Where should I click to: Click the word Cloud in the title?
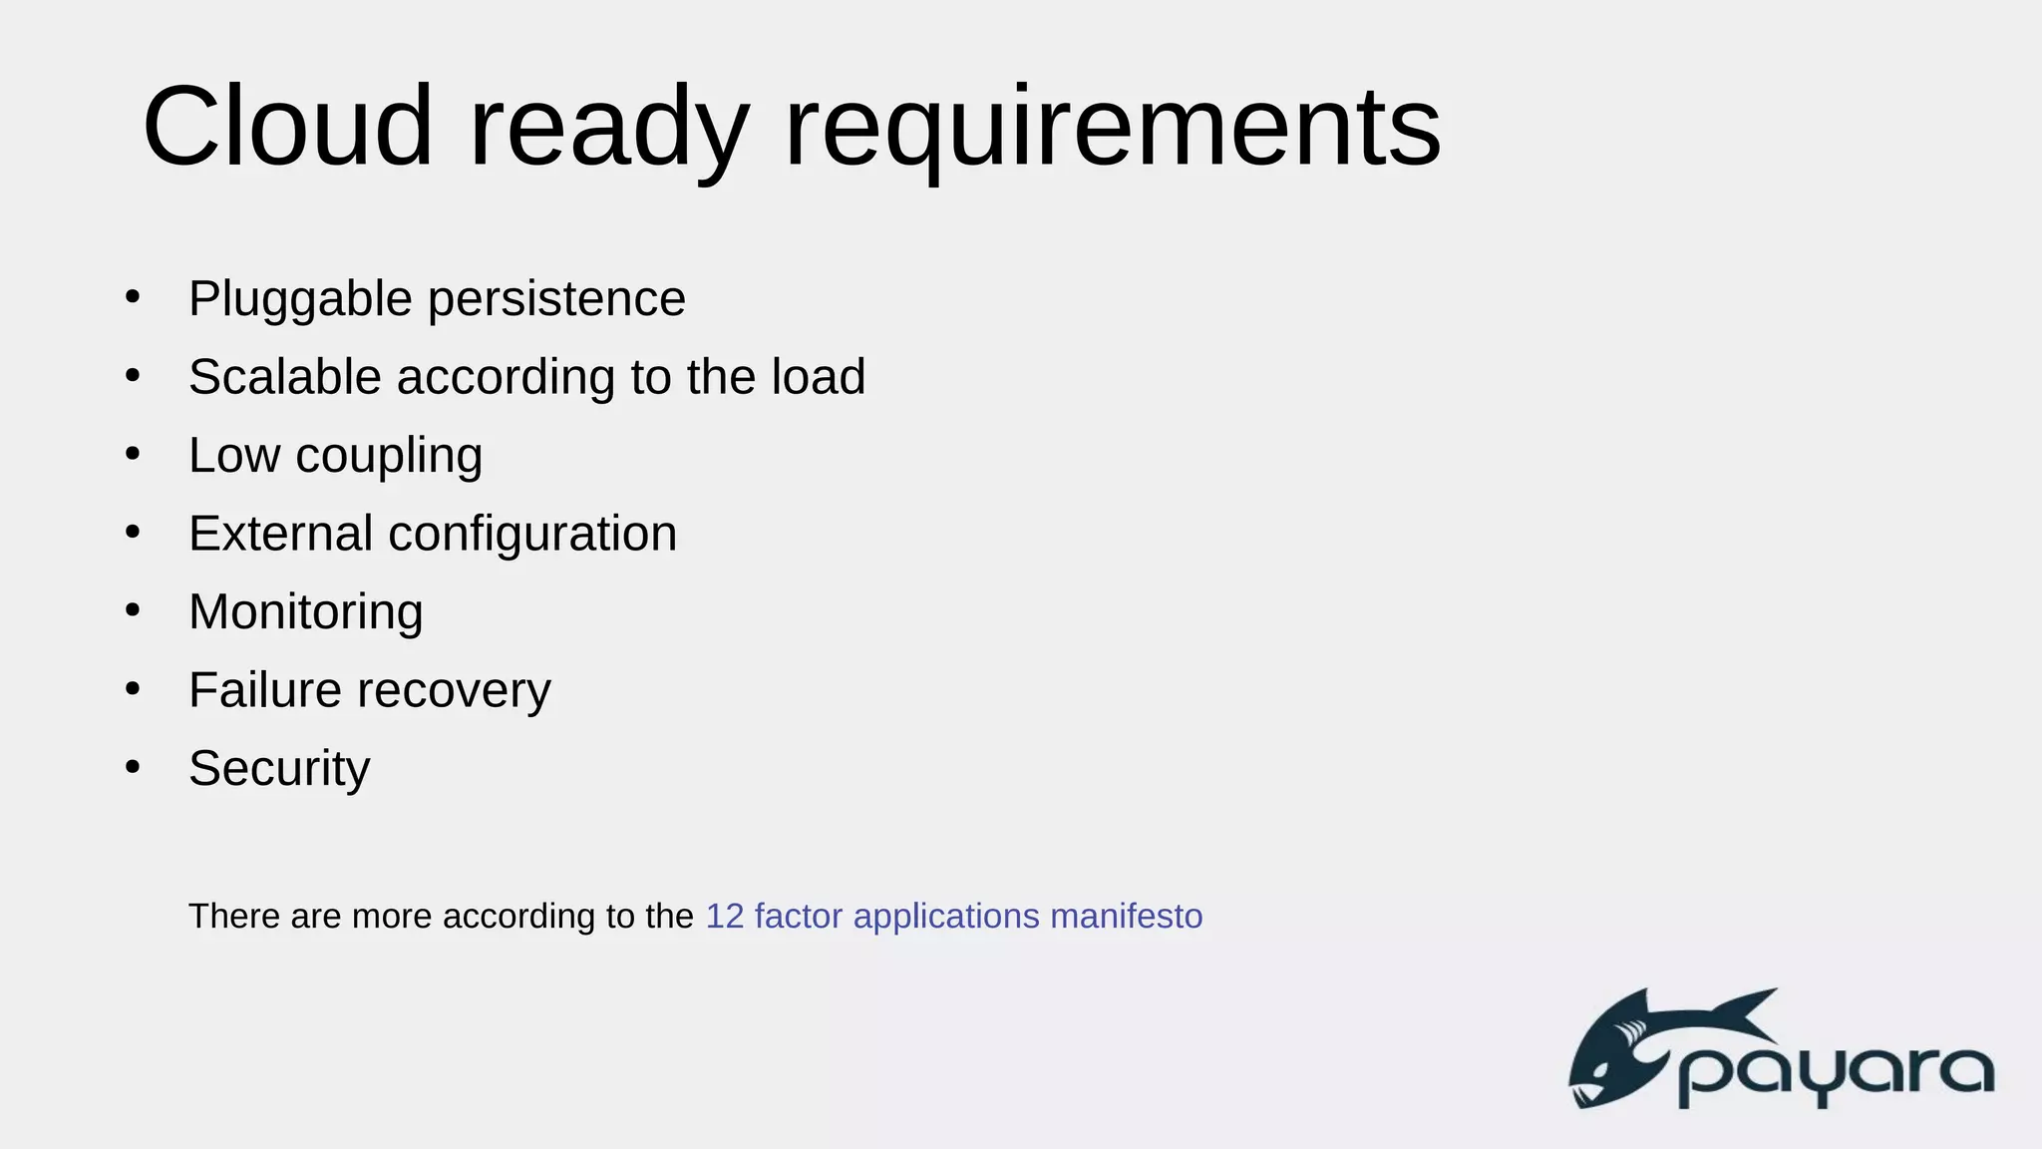pyautogui.click(x=288, y=127)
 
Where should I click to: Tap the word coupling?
pyautogui.click(x=389, y=457)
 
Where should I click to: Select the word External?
pyautogui.click(x=280, y=534)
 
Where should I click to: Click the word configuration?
pyautogui.click(x=532, y=534)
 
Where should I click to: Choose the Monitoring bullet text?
pyautogui.click(x=306, y=611)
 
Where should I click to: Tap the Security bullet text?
pyautogui.click(x=279, y=769)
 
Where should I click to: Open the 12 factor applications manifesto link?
pyautogui.click(x=953, y=916)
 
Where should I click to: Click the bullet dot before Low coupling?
pyautogui.click(x=133, y=454)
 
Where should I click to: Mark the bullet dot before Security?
pyautogui.click(x=133, y=767)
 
